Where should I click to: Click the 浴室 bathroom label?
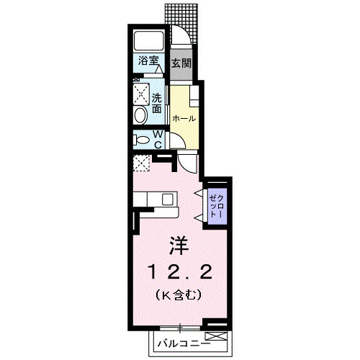(148, 62)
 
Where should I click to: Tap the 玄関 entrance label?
(181, 63)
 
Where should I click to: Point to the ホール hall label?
(184, 117)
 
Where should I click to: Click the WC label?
(160, 139)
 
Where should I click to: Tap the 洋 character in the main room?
(178, 246)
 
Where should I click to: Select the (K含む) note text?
(177, 295)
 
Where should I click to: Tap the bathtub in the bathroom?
(149, 42)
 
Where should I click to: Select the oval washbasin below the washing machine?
(140, 114)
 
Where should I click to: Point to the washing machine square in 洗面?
(140, 94)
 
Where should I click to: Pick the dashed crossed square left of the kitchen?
(141, 163)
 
